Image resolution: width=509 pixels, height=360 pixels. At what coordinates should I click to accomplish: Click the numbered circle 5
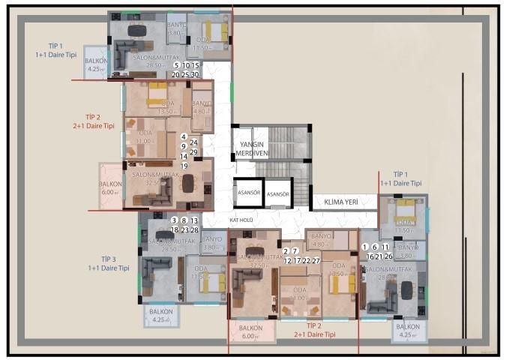176,66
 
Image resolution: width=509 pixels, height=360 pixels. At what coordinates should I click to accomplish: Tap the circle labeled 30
195,75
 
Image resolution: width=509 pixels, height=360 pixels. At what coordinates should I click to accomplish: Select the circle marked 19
184,165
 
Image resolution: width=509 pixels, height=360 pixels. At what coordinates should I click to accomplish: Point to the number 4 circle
184,136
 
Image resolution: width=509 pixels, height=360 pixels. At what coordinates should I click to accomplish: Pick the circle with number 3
175,220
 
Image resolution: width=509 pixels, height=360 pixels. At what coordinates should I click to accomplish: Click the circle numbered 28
194,230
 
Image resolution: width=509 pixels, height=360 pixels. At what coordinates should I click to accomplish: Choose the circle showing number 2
286,251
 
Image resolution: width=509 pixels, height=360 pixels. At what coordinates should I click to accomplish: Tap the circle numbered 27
316,261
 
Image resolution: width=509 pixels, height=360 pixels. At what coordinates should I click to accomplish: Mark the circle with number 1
366,247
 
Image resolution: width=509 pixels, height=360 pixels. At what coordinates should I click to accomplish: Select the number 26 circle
388,256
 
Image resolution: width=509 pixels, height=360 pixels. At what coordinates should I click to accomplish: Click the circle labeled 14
184,156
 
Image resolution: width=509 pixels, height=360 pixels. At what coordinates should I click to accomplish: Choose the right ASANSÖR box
279,194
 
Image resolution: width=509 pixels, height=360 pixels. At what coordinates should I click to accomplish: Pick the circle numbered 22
306,261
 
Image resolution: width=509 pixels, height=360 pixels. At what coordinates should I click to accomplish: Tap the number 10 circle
186,66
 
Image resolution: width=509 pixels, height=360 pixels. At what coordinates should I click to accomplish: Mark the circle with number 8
184,220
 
